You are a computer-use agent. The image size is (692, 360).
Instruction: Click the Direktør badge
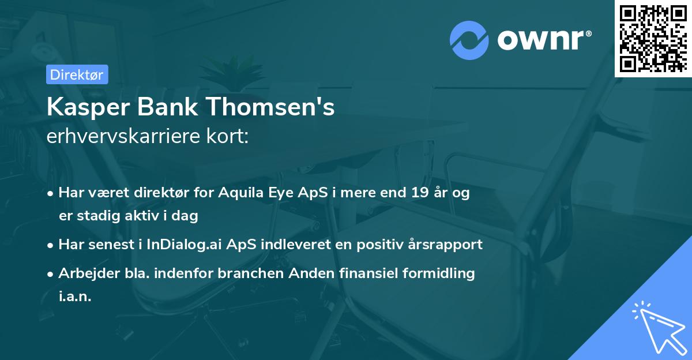click(x=77, y=74)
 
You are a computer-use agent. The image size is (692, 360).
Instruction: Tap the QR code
click(x=653, y=39)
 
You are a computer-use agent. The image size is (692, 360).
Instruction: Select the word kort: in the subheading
click(x=229, y=136)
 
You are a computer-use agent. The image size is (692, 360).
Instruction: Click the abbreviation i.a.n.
click(x=75, y=296)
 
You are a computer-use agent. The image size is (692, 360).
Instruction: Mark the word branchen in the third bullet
click(x=246, y=273)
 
